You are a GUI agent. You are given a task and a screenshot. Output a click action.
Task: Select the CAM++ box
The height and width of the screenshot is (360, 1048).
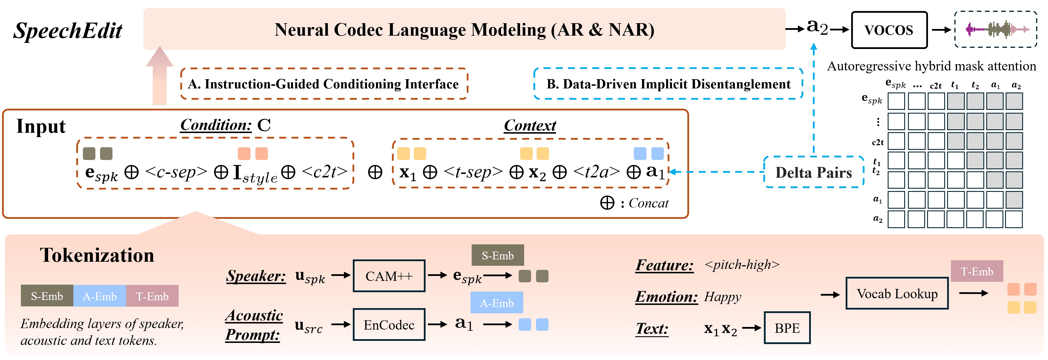389,276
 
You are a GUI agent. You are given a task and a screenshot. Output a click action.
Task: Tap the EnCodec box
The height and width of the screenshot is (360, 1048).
389,325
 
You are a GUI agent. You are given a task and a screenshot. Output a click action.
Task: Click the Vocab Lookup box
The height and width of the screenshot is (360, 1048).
897,294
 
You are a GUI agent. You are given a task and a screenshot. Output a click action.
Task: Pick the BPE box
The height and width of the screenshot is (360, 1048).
787,328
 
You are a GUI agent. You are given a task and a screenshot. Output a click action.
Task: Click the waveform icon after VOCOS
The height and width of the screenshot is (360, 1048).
996,29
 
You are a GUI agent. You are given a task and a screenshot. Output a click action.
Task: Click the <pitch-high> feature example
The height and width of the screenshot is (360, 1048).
742,265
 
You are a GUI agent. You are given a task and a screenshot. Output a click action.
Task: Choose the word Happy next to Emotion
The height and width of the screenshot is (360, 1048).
722,297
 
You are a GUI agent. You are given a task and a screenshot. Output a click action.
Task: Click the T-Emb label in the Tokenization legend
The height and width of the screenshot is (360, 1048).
152,296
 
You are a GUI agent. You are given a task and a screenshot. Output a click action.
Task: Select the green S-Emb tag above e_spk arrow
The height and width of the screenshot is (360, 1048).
497,255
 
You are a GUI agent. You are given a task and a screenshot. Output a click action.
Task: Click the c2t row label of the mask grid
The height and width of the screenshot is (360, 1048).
878,142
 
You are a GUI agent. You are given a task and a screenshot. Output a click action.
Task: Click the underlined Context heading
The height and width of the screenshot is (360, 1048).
530,125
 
